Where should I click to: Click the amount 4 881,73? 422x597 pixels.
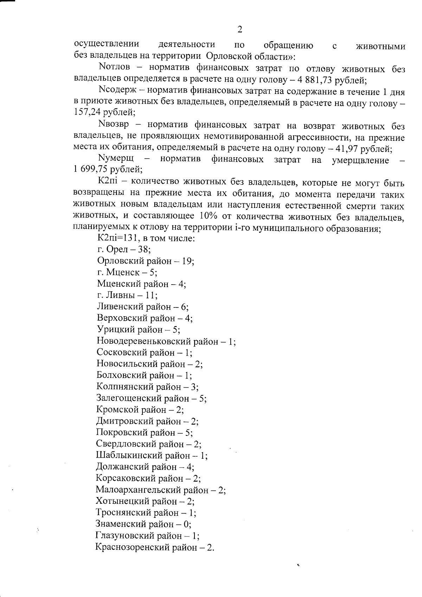pyautogui.click(x=316, y=80)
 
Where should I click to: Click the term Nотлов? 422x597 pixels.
pyautogui.click(x=115, y=67)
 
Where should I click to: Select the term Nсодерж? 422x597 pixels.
pyautogui.click(x=119, y=92)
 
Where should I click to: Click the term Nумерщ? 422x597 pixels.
pyautogui.click(x=115, y=159)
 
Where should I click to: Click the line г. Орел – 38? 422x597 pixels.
pyautogui.click(x=124, y=250)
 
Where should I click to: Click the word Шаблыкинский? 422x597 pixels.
pyautogui.click(x=130, y=456)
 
